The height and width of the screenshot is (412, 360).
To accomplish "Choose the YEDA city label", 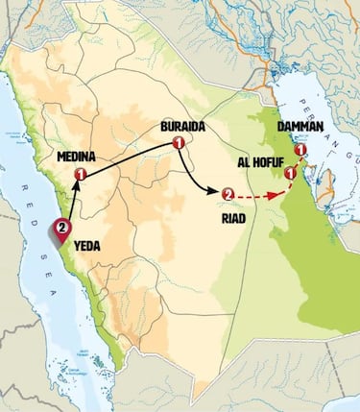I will click(87, 245).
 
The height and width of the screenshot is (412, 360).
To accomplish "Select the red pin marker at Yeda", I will click(61, 230).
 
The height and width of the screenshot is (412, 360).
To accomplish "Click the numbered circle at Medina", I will click(82, 174).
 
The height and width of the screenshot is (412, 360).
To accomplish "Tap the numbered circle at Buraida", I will click(178, 144).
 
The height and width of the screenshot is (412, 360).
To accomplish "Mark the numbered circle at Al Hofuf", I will click(290, 174).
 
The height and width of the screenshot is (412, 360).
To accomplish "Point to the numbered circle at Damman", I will click(300, 150).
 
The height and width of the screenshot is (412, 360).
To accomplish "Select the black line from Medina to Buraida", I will click(130, 158).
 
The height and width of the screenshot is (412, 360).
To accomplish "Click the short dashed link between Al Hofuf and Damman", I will click(297, 162).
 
